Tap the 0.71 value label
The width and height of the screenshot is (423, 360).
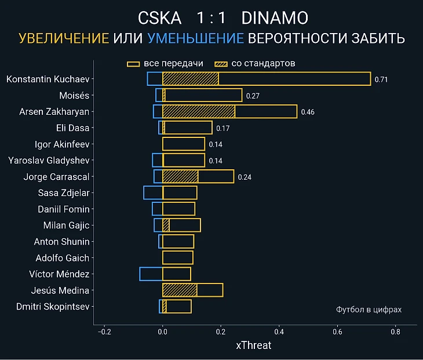[x=381, y=79]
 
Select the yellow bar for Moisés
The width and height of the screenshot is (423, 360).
[x=203, y=96]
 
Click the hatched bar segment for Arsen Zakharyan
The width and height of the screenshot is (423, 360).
[x=199, y=112]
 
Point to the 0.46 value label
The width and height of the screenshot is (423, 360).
[x=308, y=112]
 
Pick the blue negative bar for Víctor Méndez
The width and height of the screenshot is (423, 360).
[x=151, y=274]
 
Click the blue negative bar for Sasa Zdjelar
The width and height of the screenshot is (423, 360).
[x=153, y=193]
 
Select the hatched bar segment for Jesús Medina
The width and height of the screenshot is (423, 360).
[x=180, y=290]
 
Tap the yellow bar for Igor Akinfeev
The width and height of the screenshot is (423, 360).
[x=184, y=144]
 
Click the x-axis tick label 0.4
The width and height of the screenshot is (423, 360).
[x=279, y=333]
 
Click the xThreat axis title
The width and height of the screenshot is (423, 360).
[x=253, y=346]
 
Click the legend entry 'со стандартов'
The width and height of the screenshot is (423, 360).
[x=255, y=63]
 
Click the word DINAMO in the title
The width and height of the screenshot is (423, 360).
[x=275, y=18]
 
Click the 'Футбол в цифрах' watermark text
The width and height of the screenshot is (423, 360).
[x=369, y=310]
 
